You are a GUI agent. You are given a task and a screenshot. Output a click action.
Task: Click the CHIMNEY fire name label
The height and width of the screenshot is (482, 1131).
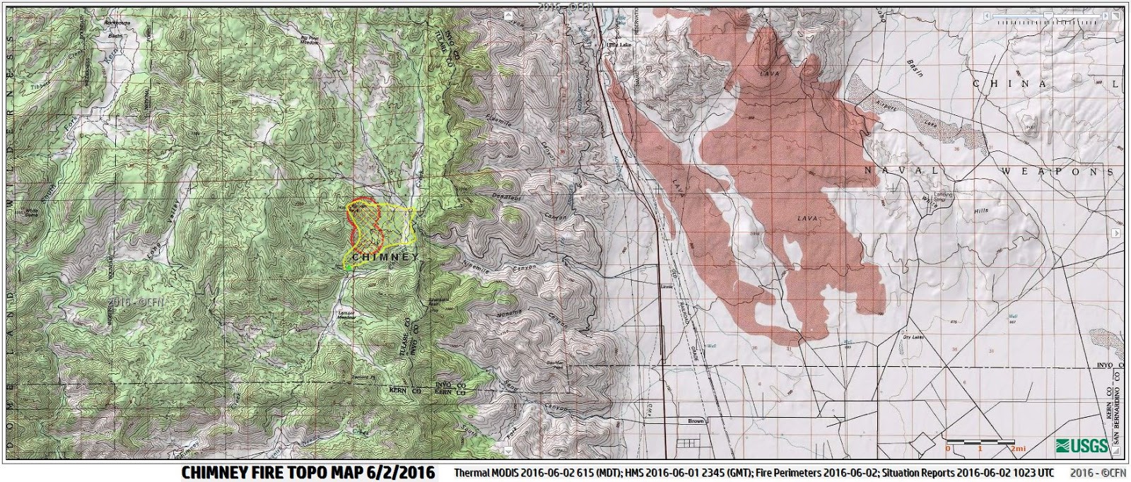[385, 258]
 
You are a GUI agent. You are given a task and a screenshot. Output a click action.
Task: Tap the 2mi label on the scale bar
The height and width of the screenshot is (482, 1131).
[1018, 449]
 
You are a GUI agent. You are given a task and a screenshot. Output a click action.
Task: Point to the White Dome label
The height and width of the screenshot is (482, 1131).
[30, 211]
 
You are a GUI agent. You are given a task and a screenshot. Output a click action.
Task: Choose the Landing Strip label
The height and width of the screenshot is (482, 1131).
[944, 197]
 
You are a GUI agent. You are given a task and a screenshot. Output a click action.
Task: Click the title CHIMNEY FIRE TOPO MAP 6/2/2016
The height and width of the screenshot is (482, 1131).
[308, 471]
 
